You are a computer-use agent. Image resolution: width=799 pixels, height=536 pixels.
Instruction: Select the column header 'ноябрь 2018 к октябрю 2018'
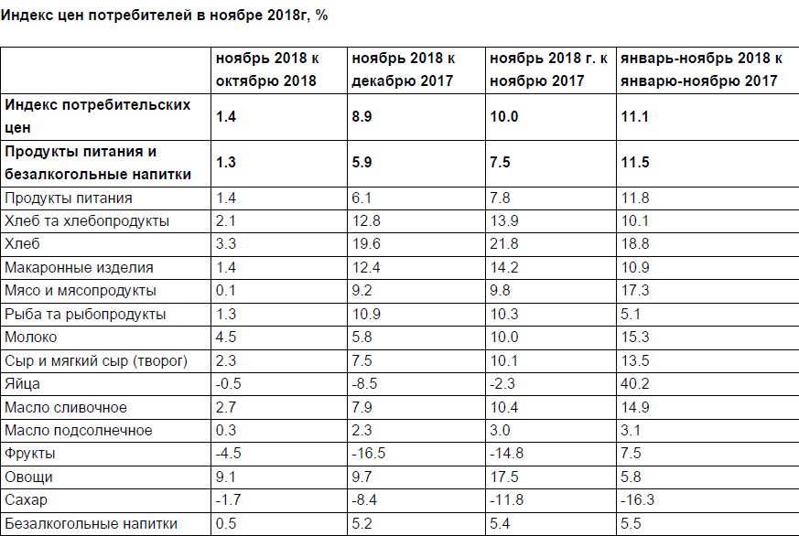(267, 70)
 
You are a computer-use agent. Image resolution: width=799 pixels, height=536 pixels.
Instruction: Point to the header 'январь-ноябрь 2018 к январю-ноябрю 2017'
(701, 70)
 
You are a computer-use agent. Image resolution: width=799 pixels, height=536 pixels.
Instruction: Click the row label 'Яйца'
(23, 384)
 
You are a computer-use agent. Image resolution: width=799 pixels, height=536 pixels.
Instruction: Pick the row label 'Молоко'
(31, 338)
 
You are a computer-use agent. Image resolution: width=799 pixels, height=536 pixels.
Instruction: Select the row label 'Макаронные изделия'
(80, 268)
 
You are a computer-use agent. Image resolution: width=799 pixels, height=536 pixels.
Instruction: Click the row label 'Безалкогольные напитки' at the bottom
(92, 524)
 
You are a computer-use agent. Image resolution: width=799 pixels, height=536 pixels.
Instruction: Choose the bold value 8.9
(362, 116)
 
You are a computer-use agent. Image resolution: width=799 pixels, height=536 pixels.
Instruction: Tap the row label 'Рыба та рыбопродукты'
(85, 315)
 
